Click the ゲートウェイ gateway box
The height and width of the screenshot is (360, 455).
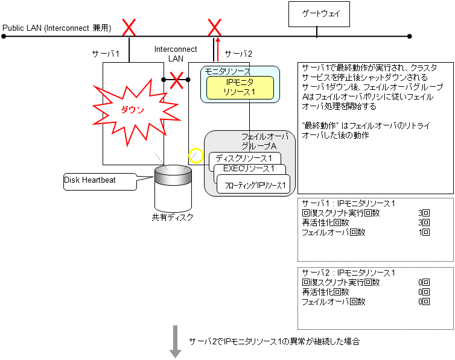click(319, 14)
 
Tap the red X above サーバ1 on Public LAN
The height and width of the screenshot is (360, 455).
click(129, 27)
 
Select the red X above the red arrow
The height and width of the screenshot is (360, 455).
click(215, 27)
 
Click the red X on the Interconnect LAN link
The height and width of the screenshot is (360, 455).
click(176, 79)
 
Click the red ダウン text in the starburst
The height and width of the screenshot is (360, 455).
click(132, 110)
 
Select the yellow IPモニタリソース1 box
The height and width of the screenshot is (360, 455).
click(240, 87)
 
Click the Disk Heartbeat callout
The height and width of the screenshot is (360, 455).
click(100, 180)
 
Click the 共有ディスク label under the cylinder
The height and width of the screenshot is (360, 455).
click(173, 217)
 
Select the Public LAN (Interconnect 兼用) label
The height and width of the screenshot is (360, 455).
click(57, 28)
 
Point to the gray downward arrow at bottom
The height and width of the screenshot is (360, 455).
click(175, 341)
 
